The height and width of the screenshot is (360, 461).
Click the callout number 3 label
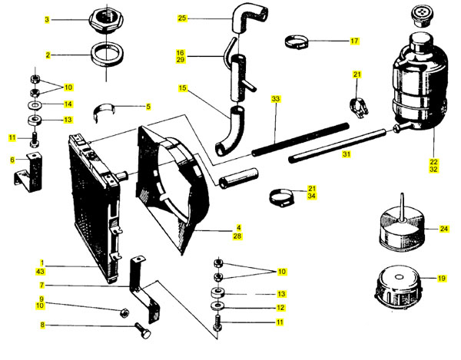coord(47,19)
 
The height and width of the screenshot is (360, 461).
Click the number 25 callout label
coord(182,18)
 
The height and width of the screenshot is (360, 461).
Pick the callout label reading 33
coord(275,99)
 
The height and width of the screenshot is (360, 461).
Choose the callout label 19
coord(442,279)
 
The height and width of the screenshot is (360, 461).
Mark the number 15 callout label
coord(182,89)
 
